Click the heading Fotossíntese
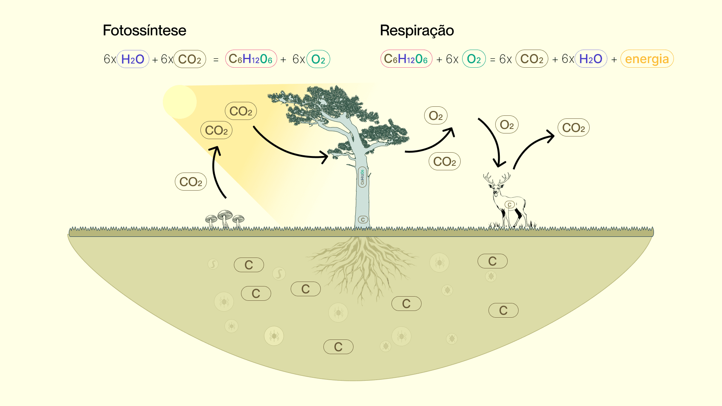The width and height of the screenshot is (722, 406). (144, 30)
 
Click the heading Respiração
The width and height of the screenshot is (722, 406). (417, 30)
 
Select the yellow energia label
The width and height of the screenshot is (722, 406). (647, 59)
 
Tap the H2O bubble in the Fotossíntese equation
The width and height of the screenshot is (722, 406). (133, 59)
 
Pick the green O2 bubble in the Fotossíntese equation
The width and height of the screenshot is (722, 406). (318, 59)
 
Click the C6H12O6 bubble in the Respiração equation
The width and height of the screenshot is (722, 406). (406, 59)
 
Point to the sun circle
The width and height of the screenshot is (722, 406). (180, 102)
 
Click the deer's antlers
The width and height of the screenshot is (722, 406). (497, 179)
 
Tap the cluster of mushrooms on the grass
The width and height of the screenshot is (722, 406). (225, 220)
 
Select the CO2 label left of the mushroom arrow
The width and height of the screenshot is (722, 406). (191, 182)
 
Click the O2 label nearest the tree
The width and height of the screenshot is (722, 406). (436, 116)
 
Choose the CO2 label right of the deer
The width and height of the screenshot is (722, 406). (573, 127)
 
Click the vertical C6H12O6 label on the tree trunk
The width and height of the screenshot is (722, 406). (363, 177)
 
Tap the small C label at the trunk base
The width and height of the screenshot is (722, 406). (363, 220)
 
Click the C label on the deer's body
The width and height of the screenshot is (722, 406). (510, 205)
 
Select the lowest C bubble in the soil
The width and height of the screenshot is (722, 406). (338, 347)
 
